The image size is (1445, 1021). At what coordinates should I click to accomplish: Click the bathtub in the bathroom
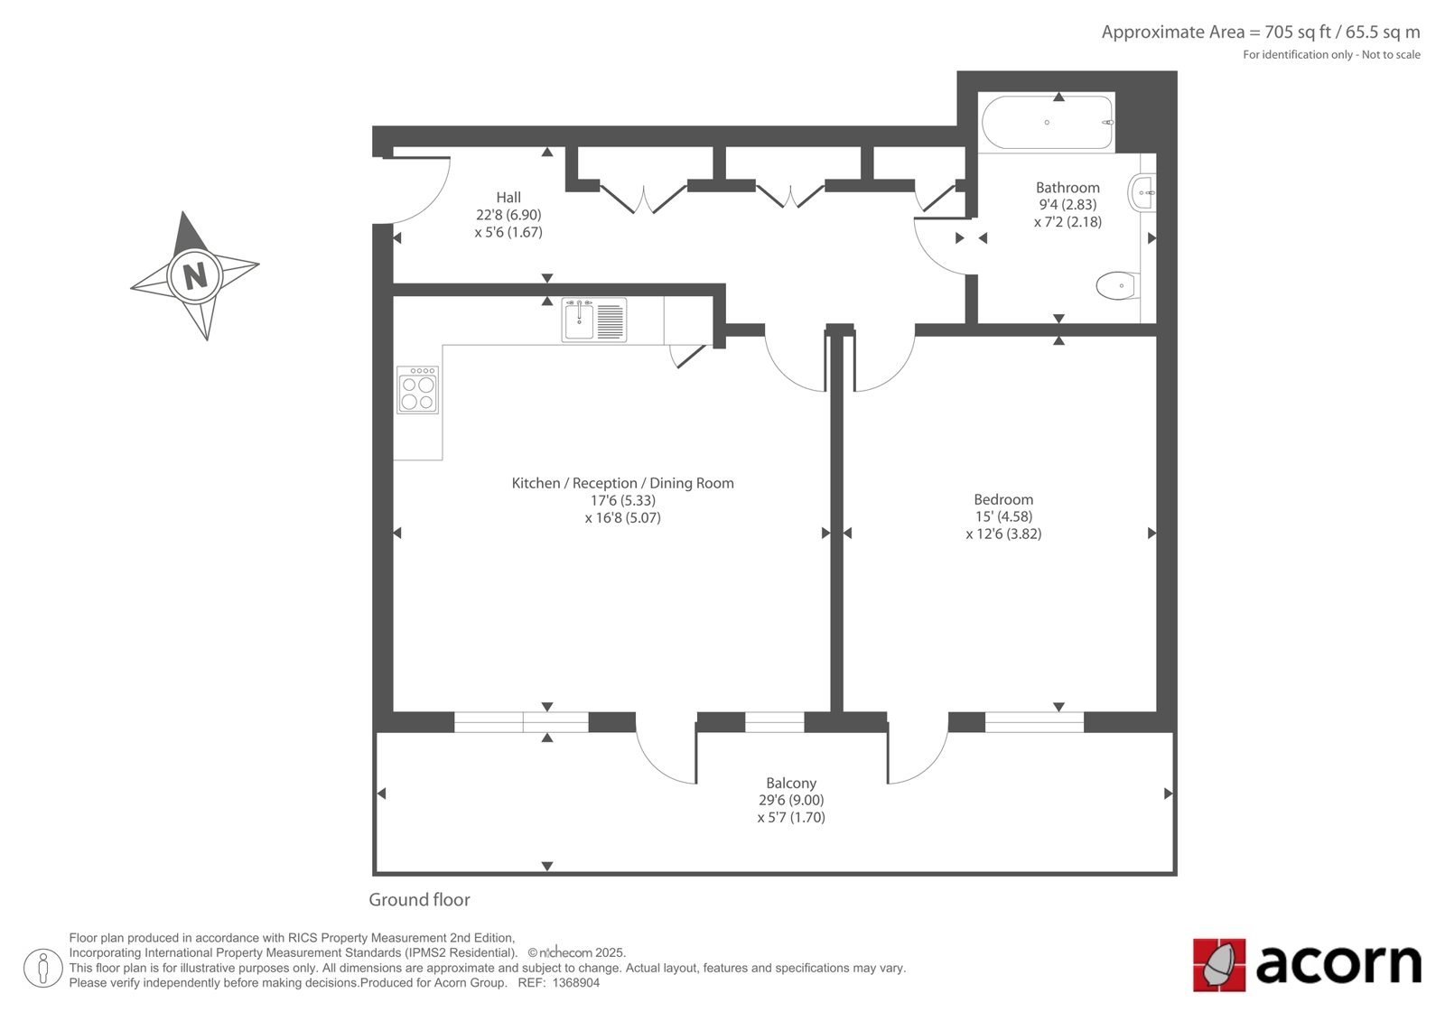pyautogui.click(x=1048, y=122)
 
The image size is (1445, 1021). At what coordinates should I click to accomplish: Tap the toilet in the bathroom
pyautogui.click(x=1118, y=286)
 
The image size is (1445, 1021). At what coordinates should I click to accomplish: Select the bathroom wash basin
pyautogui.click(x=1142, y=192)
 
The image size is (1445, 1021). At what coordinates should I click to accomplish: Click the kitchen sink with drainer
pyautogui.click(x=593, y=320)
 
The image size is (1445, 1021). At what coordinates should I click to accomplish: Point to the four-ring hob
pyautogui.click(x=417, y=390)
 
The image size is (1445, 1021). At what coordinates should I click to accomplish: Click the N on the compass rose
pyautogui.click(x=195, y=276)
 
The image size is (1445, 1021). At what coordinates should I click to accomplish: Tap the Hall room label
pyautogui.click(x=508, y=198)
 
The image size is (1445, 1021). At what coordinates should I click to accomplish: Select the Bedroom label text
pyautogui.click(x=1003, y=499)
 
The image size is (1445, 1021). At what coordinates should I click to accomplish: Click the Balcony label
pyautogui.click(x=791, y=783)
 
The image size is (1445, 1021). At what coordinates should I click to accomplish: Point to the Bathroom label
pyautogui.click(x=1067, y=188)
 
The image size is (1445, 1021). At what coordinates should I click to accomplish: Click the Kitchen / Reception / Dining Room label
pyautogui.click(x=622, y=483)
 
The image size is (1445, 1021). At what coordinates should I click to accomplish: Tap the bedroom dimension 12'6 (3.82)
pyautogui.click(x=1003, y=534)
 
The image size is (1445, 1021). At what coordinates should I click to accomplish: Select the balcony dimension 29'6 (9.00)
pyautogui.click(x=791, y=800)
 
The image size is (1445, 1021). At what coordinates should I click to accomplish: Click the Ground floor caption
pyautogui.click(x=419, y=899)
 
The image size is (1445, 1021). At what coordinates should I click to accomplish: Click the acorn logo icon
pyautogui.click(x=1218, y=965)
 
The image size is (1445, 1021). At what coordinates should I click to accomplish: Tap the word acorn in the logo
pyautogui.click(x=1338, y=964)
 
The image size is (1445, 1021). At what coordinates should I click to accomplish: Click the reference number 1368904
pyautogui.click(x=576, y=983)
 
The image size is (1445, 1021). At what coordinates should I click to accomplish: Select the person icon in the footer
pyautogui.click(x=42, y=968)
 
